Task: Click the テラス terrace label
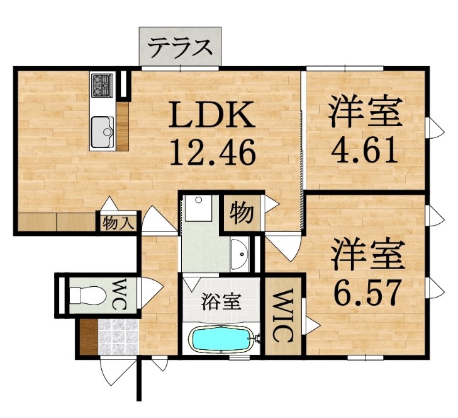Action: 180,47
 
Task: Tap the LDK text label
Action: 213,117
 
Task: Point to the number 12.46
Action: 213,151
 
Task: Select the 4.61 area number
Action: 365,150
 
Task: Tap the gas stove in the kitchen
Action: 102,85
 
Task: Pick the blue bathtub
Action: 221,340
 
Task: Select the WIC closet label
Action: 282,315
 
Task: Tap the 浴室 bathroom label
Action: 221,301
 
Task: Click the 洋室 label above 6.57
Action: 368,255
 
